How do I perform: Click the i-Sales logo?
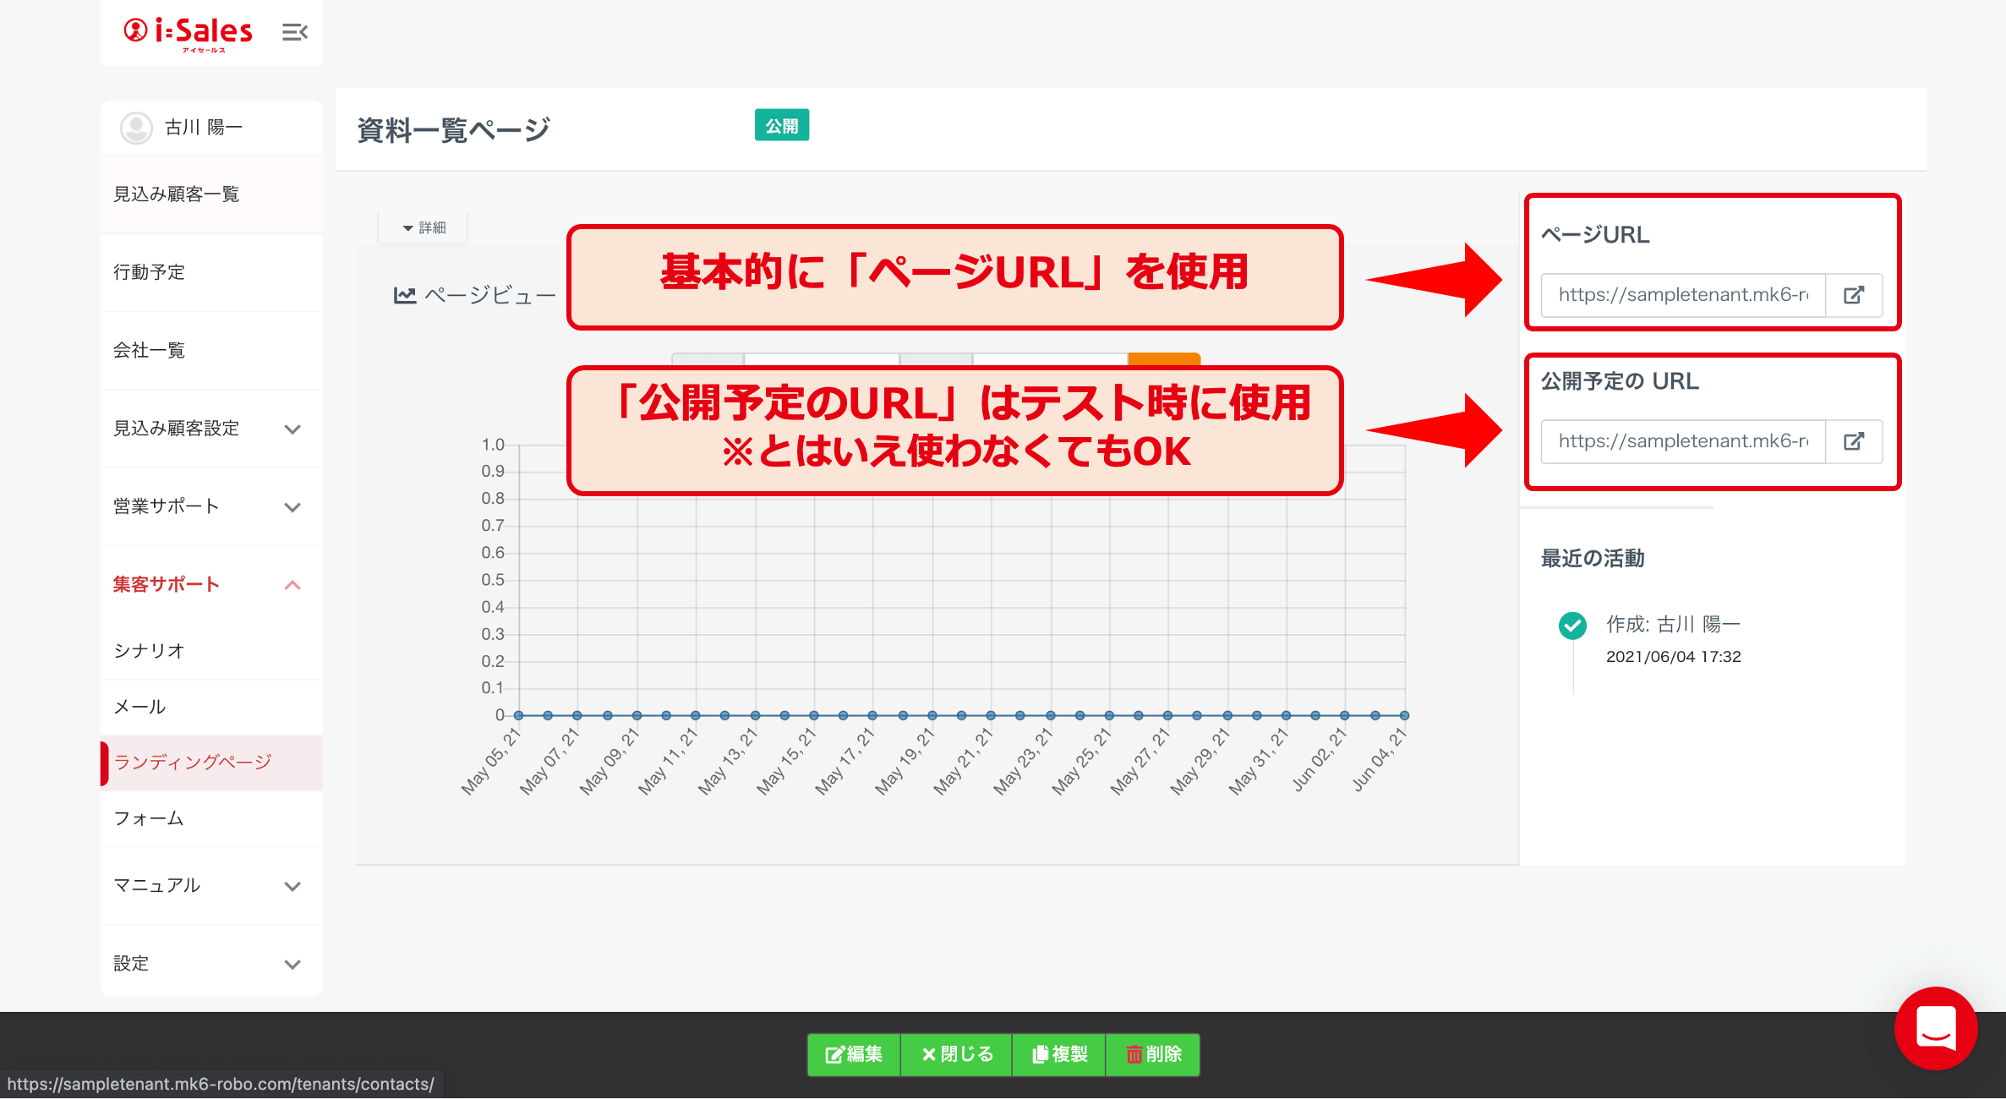click(188, 33)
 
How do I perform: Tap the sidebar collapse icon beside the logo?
click(295, 32)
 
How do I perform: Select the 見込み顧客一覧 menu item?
click(177, 194)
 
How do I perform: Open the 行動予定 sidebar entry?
click(150, 272)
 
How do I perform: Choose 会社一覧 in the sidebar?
click(150, 350)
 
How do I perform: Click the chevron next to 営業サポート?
click(292, 507)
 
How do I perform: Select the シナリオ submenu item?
click(150, 651)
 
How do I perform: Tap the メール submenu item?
click(140, 707)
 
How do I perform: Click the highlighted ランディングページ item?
click(193, 763)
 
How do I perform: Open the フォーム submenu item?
click(150, 818)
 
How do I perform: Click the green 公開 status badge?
click(782, 125)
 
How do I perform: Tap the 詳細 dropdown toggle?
click(424, 227)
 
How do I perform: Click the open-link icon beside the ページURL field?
click(1854, 295)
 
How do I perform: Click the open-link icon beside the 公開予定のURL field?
click(1854, 441)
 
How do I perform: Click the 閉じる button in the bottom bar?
click(957, 1054)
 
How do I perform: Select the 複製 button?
click(1059, 1054)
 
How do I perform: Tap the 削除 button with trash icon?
click(1153, 1054)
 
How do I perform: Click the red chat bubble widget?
click(1936, 1028)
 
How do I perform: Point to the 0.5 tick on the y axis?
click(493, 580)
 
